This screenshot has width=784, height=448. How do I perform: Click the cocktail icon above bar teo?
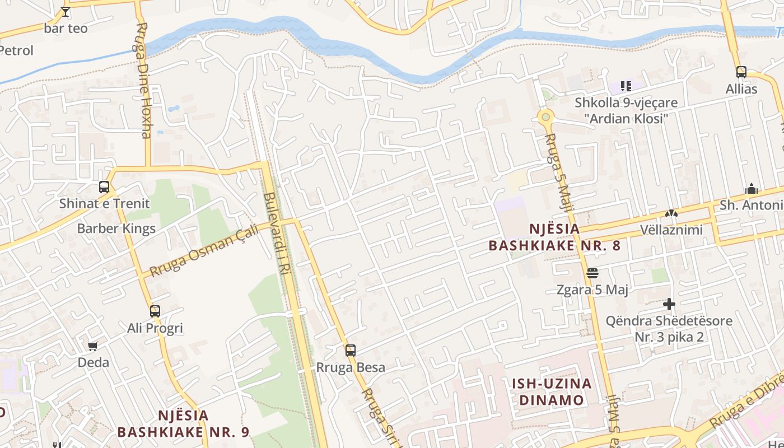click(x=66, y=11)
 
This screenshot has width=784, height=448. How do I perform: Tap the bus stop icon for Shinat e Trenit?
click(x=104, y=187)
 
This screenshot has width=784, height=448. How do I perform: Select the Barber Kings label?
click(x=116, y=228)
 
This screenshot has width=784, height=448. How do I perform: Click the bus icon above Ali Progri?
click(x=155, y=311)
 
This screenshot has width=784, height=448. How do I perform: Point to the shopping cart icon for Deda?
click(x=93, y=346)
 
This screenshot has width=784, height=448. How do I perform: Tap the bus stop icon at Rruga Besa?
click(x=351, y=351)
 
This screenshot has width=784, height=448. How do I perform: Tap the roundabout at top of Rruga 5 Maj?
click(x=545, y=118)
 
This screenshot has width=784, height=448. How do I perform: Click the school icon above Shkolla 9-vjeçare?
click(x=626, y=86)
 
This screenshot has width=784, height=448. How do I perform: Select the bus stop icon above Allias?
click(x=741, y=72)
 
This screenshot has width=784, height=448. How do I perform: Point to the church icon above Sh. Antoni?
click(x=752, y=189)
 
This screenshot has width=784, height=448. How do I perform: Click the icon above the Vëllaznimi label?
click(x=671, y=213)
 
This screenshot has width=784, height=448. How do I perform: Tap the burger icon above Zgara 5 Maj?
click(x=592, y=273)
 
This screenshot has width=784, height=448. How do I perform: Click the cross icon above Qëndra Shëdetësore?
click(x=669, y=304)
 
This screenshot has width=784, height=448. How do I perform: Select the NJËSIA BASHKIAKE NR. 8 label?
click(x=554, y=237)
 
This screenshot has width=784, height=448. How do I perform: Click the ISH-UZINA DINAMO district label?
click(x=552, y=391)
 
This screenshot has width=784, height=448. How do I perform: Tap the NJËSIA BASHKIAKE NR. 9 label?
click(x=183, y=423)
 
